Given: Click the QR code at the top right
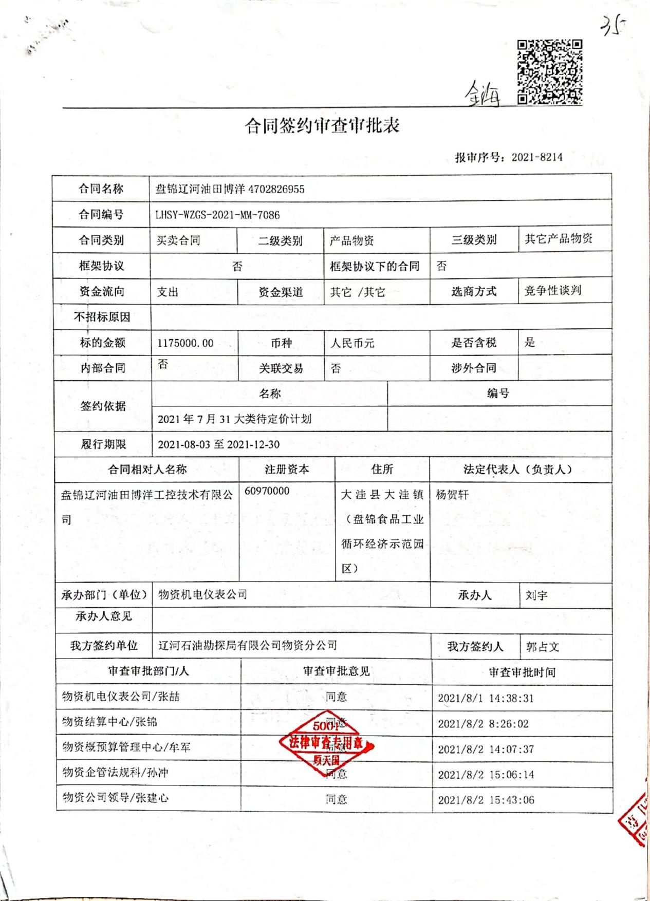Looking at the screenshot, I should (x=549, y=72).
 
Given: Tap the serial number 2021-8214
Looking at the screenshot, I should (x=537, y=157).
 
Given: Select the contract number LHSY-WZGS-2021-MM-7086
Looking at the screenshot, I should (x=218, y=215).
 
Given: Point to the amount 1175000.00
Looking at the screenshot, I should (x=185, y=343).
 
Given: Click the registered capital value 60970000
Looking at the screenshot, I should (x=267, y=491).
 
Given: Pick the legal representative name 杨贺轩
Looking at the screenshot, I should (x=452, y=495).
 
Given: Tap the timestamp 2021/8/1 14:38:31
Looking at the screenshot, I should (x=486, y=698).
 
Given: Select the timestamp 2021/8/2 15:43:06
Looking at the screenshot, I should (x=486, y=800).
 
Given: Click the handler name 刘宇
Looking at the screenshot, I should (x=536, y=596).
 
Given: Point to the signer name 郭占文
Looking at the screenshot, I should (x=543, y=647).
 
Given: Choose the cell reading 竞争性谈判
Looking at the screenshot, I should (x=553, y=291).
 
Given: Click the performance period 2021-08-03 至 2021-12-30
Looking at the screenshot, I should (x=219, y=444).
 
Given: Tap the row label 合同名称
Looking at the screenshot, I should (x=101, y=189).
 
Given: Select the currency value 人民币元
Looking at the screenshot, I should (x=352, y=343).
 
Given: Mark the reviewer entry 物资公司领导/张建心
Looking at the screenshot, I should (x=116, y=798).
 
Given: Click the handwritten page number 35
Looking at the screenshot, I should (x=614, y=26).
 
